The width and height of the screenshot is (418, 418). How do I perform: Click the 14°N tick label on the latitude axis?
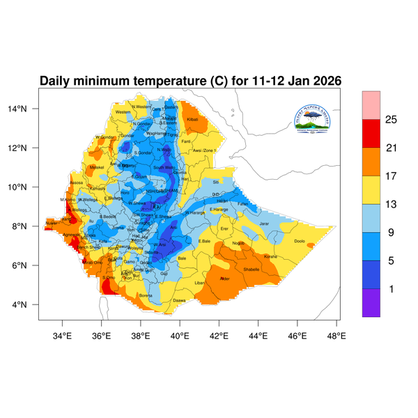click(26, 109)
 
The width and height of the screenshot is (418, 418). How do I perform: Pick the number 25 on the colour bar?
click(391, 120)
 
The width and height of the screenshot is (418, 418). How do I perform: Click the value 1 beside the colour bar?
click(391, 288)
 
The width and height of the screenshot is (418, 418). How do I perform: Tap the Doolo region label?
click(300, 241)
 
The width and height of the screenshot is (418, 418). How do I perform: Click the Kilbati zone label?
click(193, 120)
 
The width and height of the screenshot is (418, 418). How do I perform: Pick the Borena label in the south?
click(146, 295)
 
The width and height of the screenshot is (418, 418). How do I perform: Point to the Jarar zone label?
click(264, 224)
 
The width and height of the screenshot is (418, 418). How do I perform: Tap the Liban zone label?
click(199, 283)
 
